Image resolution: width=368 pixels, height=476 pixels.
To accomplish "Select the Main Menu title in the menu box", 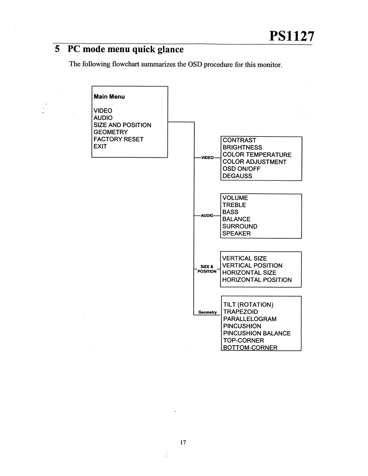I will tap(109, 97).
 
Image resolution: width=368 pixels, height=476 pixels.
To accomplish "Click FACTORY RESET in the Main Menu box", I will tap(119, 139).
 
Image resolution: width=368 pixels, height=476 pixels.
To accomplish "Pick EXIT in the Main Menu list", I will tap(100, 146).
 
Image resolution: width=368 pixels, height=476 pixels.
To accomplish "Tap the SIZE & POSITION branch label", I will tap(207, 269).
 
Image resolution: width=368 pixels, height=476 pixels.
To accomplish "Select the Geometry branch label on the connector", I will tap(208, 312).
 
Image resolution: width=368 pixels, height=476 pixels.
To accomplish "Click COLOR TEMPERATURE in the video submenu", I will tap(257, 155).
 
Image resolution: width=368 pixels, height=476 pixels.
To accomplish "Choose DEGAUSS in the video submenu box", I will tap(237, 176).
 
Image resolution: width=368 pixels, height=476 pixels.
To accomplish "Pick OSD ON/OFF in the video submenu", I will tap(241, 169).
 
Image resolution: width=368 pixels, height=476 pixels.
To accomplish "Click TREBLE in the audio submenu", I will tap(234, 205).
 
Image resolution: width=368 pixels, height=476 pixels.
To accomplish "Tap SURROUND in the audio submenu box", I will tap(240, 226).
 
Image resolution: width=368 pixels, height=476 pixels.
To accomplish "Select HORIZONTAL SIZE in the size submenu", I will tap(249, 273).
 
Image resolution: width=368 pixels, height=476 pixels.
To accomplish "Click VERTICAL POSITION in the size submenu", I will tap(252, 266).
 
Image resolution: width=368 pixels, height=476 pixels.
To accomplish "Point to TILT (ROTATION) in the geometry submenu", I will tap(248, 305).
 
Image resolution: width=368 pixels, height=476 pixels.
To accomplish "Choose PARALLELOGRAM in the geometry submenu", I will tap(250, 319).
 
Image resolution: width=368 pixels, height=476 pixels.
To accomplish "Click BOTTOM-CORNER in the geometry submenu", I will tap(250, 348).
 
